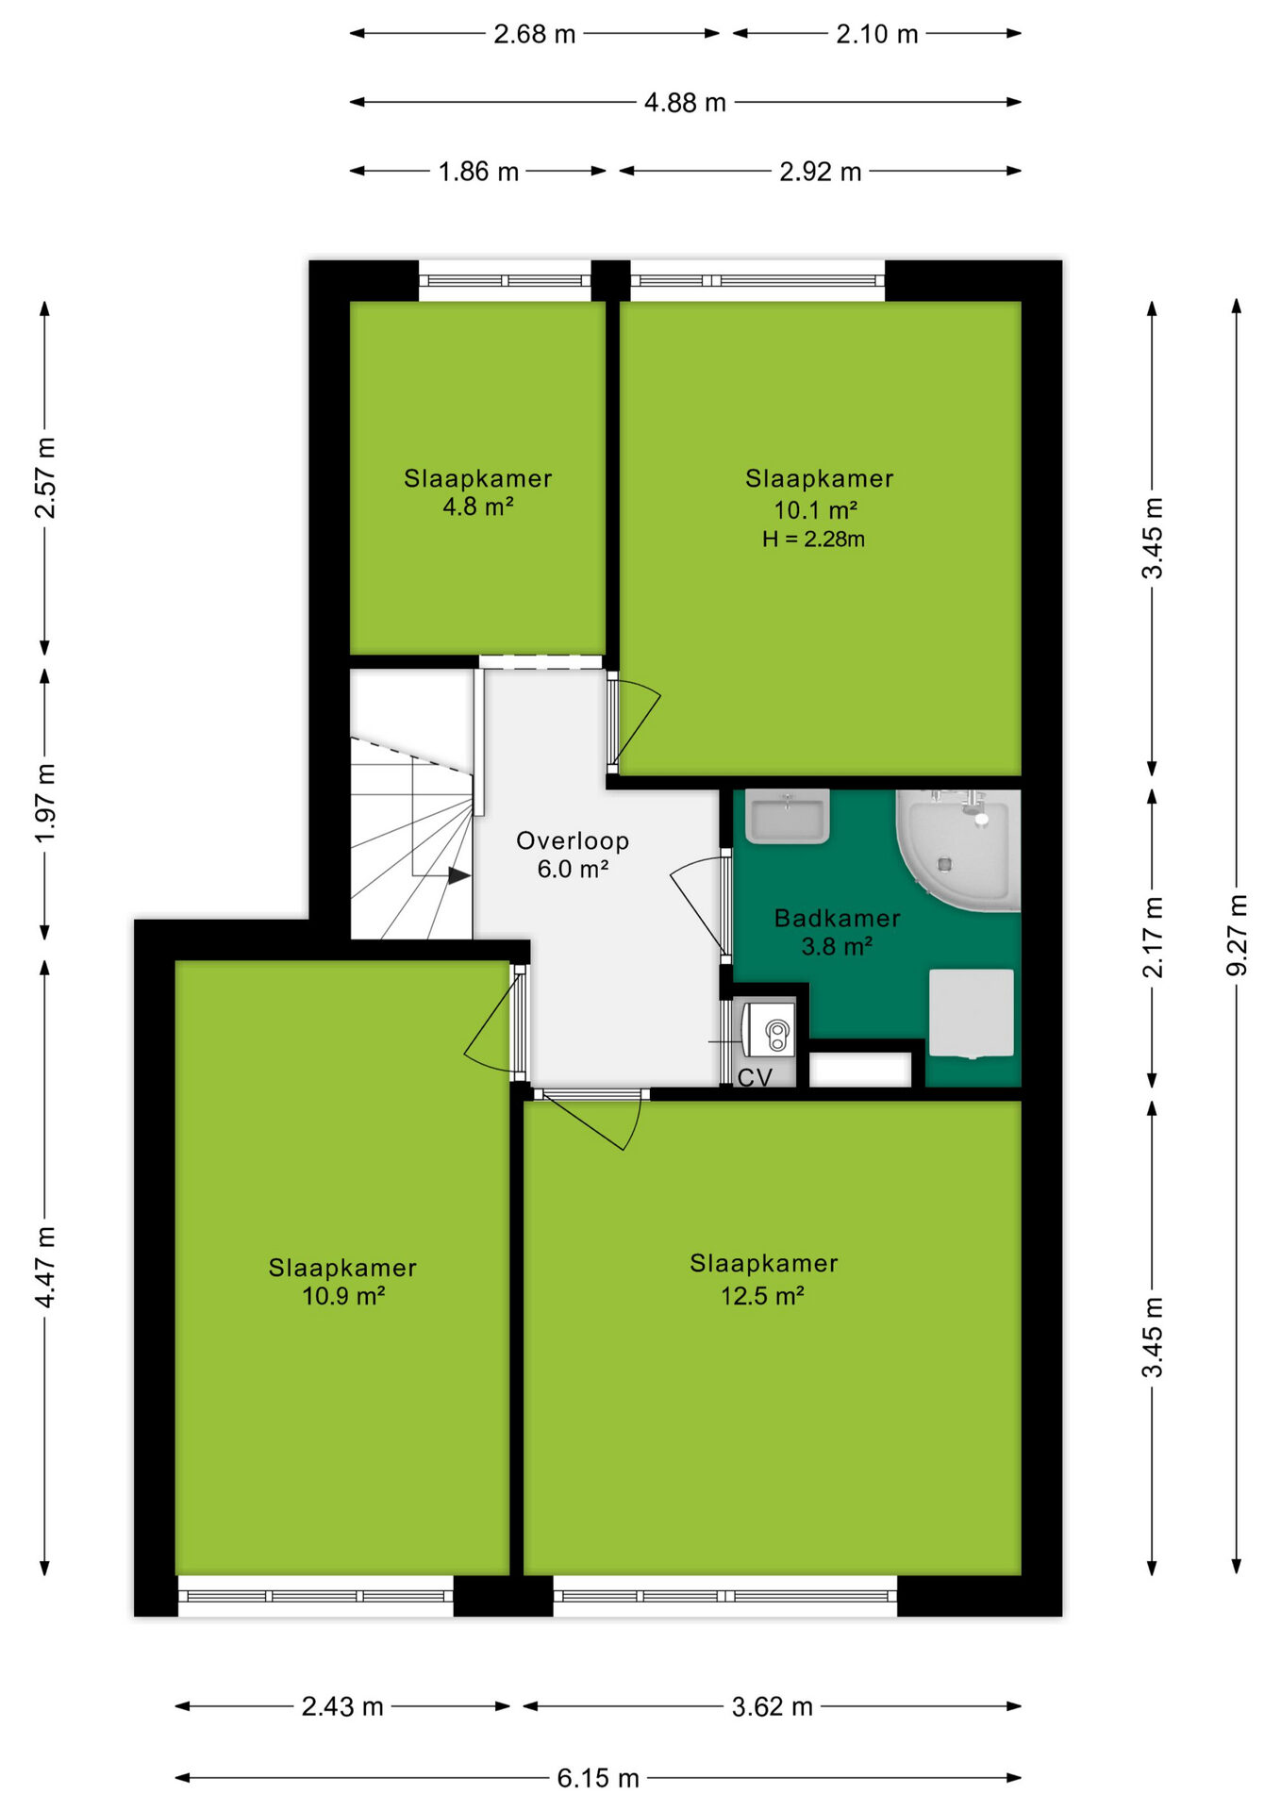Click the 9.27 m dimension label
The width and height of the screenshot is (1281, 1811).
click(1236, 935)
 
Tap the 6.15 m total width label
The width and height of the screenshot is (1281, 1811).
click(598, 1778)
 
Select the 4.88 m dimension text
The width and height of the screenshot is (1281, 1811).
click(685, 102)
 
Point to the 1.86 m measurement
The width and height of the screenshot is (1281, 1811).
click(478, 172)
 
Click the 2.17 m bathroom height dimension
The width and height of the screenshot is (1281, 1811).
click(1152, 937)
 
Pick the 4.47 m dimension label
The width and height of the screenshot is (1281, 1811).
click(45, 1267)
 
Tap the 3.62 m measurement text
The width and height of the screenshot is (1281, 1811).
click(772, 1706)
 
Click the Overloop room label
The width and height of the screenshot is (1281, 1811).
click(573, 840)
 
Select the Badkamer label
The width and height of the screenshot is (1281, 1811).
click(837, 918)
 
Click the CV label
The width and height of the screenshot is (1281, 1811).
click(755, 1077)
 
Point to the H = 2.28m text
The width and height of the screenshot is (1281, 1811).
click(813, 539)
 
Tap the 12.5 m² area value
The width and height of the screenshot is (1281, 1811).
click(762, 1295)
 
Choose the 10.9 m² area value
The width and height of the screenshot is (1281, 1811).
click(343, 1295)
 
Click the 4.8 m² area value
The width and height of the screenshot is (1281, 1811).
click(478, 507)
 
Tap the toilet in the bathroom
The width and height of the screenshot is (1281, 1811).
click(972, 1013)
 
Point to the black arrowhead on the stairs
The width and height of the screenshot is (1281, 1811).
click(459, 876)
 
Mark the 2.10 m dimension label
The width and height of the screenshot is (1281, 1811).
click(876, 34)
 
